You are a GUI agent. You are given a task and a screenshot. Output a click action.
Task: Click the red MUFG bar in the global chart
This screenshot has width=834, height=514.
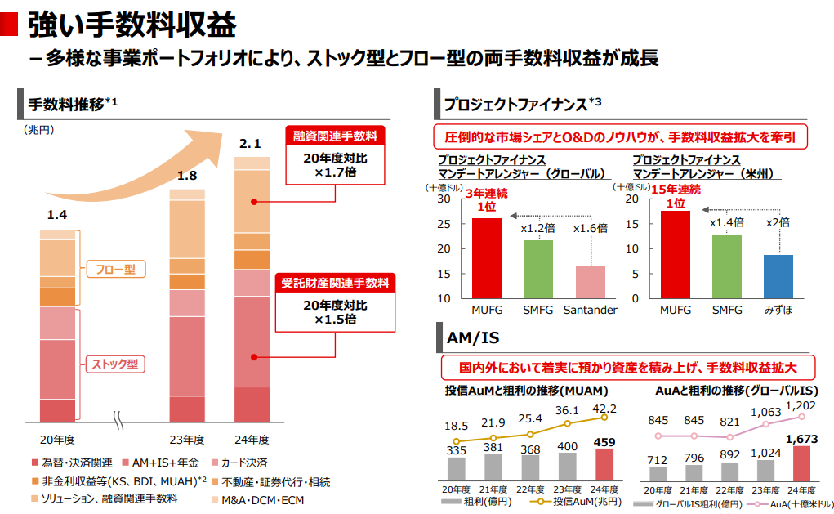[487, 257]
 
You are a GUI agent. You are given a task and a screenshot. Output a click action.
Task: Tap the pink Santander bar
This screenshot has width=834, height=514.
[590, 282]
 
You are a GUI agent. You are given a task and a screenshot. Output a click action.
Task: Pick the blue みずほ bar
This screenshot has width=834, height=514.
[778, 276]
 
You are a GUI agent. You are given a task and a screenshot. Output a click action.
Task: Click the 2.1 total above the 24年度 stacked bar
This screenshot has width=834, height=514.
[250, 145]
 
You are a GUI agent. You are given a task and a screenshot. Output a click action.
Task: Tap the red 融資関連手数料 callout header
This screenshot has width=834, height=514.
[335, 136]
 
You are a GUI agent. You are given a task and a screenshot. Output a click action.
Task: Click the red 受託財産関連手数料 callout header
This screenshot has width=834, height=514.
[335, 284]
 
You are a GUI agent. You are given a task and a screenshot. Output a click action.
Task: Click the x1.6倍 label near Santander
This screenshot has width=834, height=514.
[590, 228]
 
